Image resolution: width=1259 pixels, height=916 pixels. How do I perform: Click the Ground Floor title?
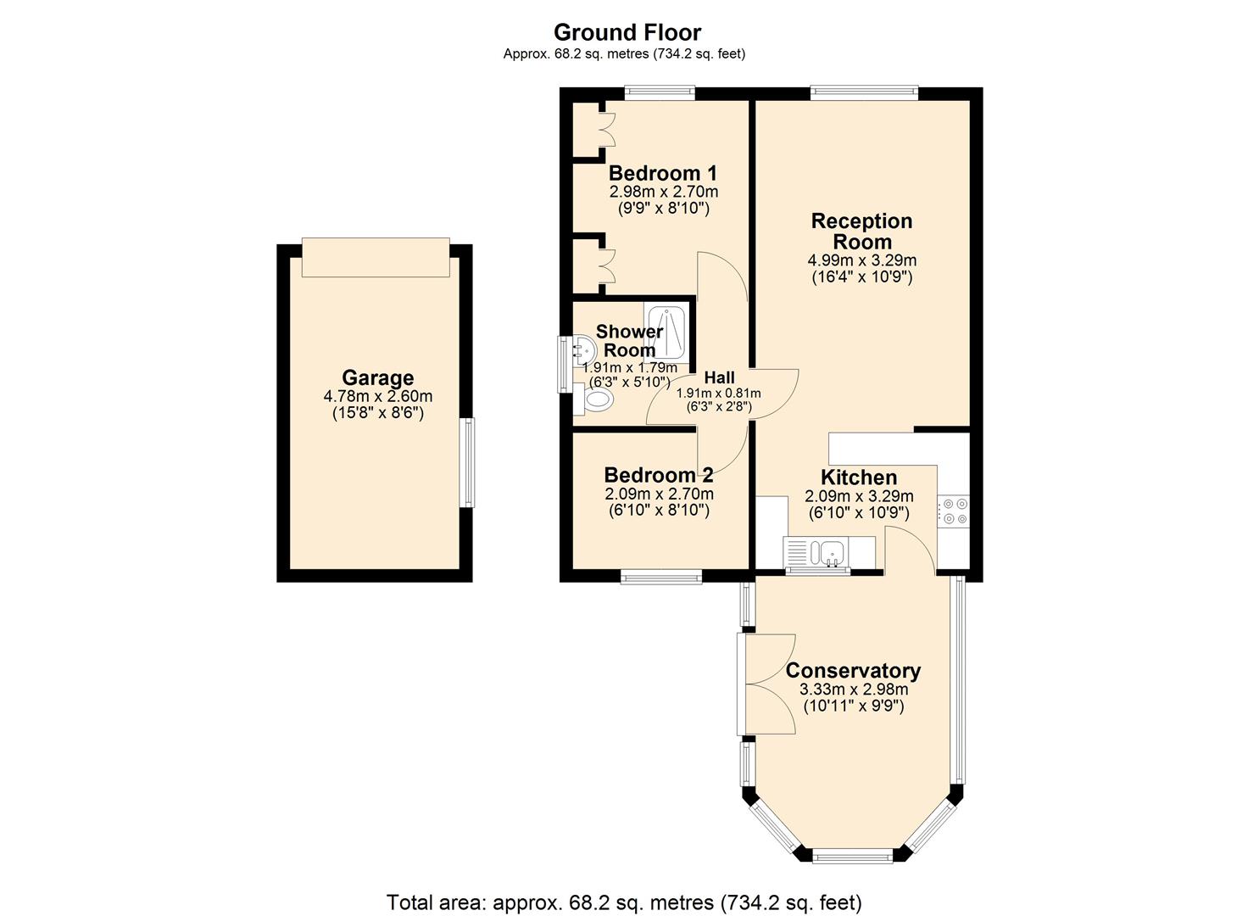pos(627,32)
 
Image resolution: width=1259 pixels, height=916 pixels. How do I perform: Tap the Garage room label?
pos(377,378)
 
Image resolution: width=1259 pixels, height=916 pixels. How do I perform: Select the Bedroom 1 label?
pos(662,173)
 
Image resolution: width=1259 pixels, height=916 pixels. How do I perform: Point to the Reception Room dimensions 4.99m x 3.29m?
pos(861,260)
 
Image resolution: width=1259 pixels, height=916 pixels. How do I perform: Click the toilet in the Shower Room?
pos(596,399)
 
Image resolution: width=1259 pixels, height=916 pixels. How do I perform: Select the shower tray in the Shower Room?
pos(668,332)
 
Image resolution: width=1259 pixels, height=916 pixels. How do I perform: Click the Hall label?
pos(719,377)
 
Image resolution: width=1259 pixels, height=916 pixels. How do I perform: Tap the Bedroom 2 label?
pos(658,475)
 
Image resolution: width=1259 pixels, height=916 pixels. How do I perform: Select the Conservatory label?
pos(853,671)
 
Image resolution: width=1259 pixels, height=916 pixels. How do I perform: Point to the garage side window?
pos(467,462)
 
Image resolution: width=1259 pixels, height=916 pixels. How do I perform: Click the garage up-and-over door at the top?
pos(376,257)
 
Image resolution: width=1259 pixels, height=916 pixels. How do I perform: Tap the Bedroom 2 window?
pos(661,577)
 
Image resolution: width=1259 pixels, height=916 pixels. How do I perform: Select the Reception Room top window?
pos(864,92)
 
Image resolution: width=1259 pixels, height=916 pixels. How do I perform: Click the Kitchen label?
pos(858,478)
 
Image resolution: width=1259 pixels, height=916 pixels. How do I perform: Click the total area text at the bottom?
pos(624,902)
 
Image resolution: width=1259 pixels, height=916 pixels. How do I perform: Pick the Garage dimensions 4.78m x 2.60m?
pos(377,396)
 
